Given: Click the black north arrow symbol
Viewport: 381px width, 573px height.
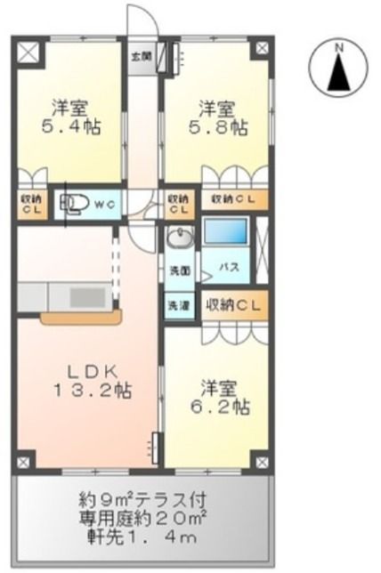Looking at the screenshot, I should [338, 72].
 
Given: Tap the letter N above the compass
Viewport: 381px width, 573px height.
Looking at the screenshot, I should [338, 47].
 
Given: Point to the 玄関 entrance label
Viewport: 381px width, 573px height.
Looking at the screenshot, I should [141, 56].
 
